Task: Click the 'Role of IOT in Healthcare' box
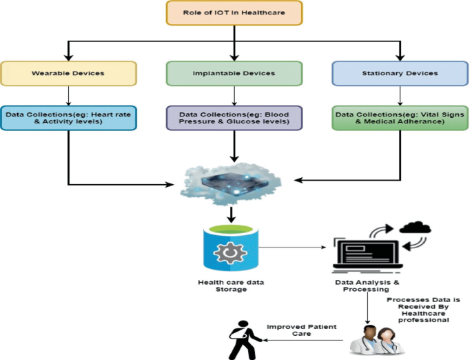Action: [235, 14]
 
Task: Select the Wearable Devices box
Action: [68, 73]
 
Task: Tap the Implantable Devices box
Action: [235, 73]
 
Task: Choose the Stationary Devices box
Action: [400, 73]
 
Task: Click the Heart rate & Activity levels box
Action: [68, 118]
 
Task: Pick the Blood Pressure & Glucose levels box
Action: [235, 118]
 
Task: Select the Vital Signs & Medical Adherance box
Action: [400, 118]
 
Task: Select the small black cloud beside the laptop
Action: [415, 228]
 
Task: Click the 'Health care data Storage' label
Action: [231, 286]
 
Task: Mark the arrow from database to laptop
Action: [293, 246]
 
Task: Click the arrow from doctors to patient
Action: [303, 340]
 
